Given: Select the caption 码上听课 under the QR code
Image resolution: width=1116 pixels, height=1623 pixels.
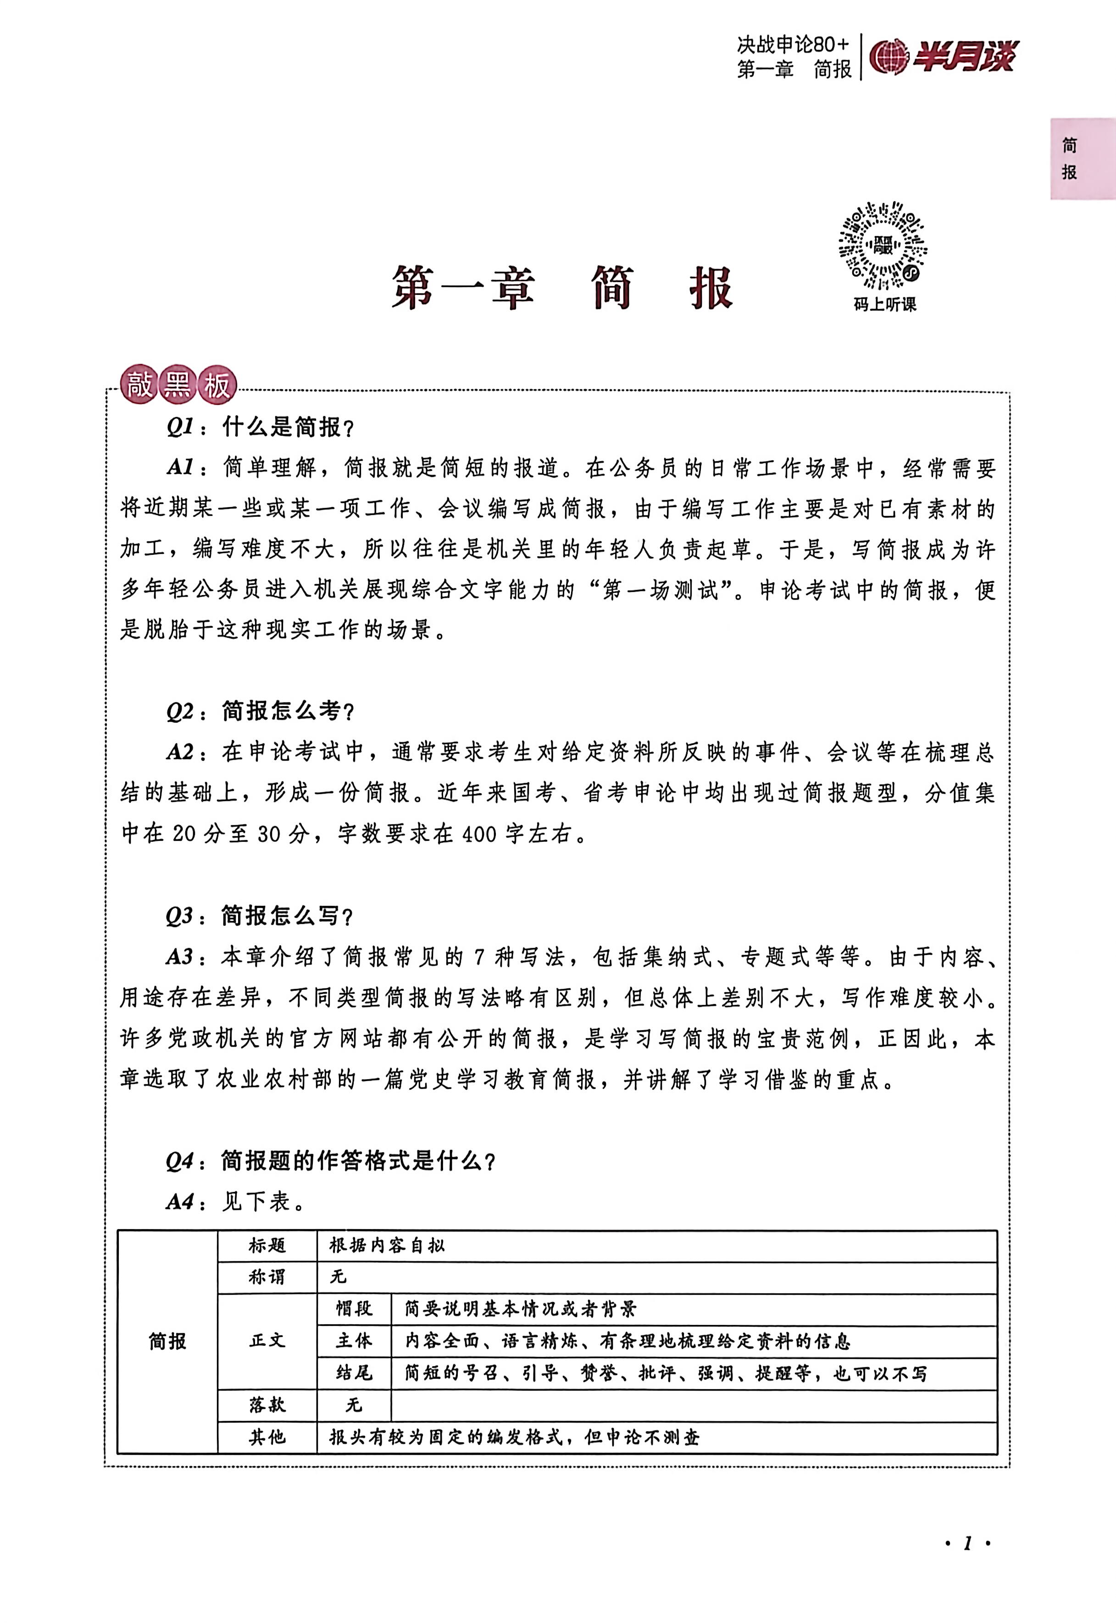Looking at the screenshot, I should pyautogui.click(x=884, y=304).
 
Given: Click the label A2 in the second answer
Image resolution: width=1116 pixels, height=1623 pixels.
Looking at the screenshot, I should pyautogui.click(x=180, y=751).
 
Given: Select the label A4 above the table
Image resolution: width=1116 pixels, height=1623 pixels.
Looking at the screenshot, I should pyautogui.click(x=180, y=1201).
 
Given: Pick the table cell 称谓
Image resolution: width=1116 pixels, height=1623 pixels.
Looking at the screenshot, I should pyautogui.click(x=267, y=1276).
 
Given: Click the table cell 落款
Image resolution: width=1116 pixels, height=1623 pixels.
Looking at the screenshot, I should pyautogui.click(x=267, y=1404).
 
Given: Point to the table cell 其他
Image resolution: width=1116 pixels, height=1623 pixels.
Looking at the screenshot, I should pyautogui.click(x=267, y=1436).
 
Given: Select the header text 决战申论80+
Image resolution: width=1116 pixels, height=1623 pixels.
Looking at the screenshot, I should pyautogui.click(x=793, y=45).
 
